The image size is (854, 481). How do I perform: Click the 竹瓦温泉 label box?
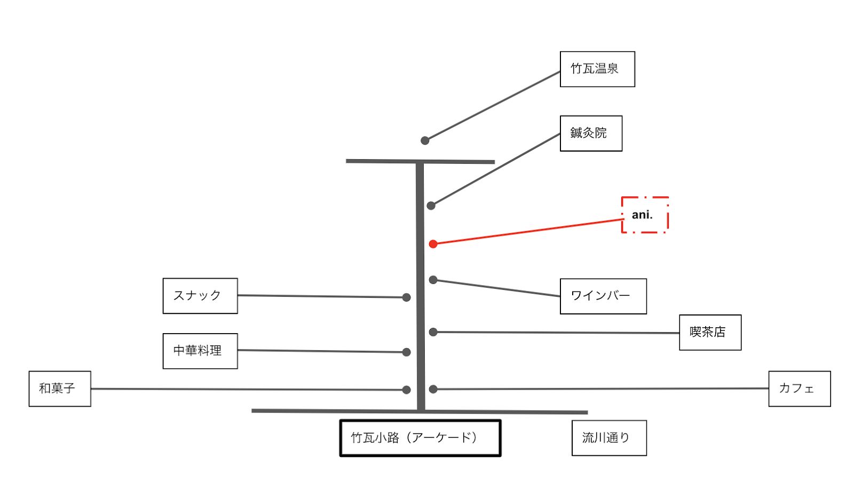[x=597, y=69]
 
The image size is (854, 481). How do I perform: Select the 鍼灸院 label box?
[x=591, y=133]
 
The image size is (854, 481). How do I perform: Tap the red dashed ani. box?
[x=645, y=215]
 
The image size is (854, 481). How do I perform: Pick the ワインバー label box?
[x=603, y=296]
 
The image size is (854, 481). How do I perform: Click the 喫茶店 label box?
[x=710, y=332]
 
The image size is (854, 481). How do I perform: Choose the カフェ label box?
[x=800, y=389]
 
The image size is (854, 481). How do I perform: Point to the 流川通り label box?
[x=609, y=438]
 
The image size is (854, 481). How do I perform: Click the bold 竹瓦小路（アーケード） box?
[x=420, y=438]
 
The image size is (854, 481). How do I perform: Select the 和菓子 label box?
[x=60, y=389]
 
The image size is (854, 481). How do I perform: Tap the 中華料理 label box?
[x=200, y=351]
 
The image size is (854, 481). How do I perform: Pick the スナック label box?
[x=200, y=296]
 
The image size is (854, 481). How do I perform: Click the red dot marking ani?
[x=433, y=244]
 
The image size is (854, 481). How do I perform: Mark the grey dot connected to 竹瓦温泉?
[x=425, y=141]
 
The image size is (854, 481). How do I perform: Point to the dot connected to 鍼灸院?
[x=431, y=206]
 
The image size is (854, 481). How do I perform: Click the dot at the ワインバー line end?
[x=433, y=280]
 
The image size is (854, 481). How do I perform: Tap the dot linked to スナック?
[x=406, y=297]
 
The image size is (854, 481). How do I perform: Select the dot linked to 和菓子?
[x=406, y=390]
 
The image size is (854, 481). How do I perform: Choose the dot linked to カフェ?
[x=433, y=390]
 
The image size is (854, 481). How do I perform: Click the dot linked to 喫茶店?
[x=433, y=332]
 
